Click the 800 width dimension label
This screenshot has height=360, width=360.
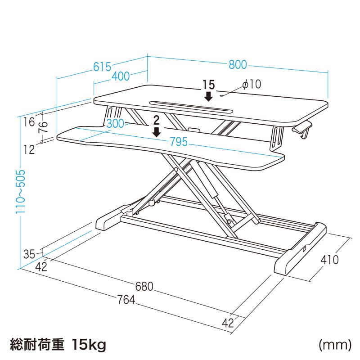238,65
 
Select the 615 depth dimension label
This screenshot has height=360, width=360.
102,67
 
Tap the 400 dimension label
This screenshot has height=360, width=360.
121,76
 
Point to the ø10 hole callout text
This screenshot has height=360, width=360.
252,84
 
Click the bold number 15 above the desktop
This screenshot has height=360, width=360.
209,85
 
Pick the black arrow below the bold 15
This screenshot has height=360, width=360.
208,96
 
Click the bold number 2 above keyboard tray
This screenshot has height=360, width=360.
156,120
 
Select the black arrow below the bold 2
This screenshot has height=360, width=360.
157,132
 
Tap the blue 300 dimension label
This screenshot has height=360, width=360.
115,124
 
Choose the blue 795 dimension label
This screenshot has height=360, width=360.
179,142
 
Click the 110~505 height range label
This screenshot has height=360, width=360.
20,192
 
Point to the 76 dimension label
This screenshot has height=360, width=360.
43,127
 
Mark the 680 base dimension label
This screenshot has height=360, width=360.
144,286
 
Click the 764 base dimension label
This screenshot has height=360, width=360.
126,300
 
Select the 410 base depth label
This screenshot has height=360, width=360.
329,260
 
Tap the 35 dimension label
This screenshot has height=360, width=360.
29,254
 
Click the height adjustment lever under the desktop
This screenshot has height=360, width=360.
302,130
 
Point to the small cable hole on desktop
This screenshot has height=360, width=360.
221,95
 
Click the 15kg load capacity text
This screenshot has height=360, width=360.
89,345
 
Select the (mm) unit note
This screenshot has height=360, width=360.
335,345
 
